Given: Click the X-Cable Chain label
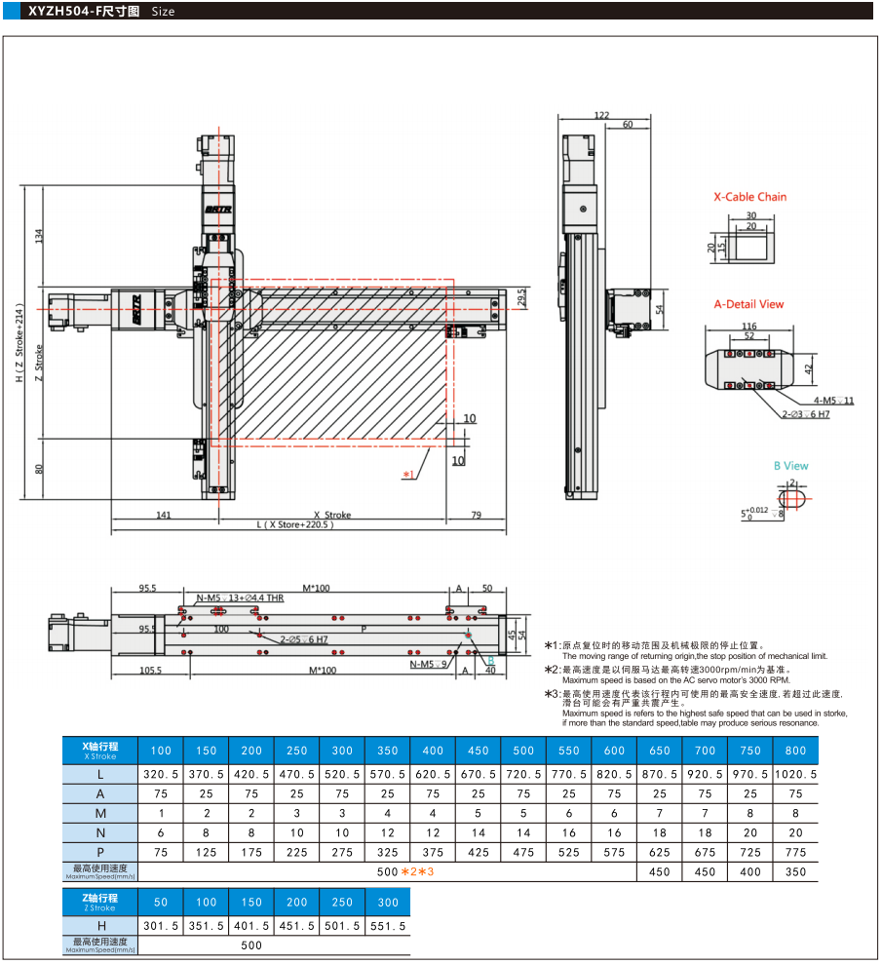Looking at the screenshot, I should coord(749,197).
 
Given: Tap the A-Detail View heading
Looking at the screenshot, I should coord(748,304).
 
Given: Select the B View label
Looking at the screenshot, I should coord(790,466).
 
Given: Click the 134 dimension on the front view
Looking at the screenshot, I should coord(39,236).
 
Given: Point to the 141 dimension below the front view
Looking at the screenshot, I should coord(164,515).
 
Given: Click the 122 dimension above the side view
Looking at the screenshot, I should coord(601,115).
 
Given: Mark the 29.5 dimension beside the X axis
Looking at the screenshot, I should coord(521,297).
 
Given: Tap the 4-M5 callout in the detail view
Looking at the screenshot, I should coord(834,401).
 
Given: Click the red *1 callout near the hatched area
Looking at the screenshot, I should coord(409,475).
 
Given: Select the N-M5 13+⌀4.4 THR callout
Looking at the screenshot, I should coord(240,598).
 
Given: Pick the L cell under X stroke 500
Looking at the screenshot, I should coord(523,773).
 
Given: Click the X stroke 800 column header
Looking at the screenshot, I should coord(795,751).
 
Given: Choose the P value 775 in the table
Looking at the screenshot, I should coord(795,851).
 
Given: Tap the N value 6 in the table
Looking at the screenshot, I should coord(161,832).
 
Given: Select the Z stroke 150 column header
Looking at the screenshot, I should coord(251,903).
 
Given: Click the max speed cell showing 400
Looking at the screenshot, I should coord(750,871).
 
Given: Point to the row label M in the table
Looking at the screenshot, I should coord(100,813).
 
